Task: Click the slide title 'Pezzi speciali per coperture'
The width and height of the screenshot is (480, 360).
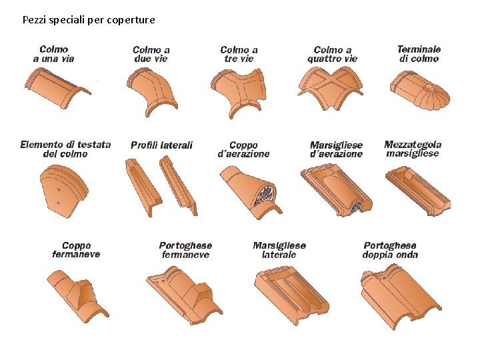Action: [x=89, y=20]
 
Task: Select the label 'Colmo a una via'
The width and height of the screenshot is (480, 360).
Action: [x=54, y=54]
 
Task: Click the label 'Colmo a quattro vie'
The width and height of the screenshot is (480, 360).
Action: [x=332, y=54]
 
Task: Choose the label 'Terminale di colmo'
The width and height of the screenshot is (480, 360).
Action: [x=419, y=54]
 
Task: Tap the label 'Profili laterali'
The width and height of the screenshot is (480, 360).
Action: [x=161, y=145]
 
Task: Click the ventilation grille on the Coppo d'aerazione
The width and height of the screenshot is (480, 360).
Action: [x=265, y=197]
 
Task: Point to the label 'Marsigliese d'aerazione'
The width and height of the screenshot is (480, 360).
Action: [x=337, y=149]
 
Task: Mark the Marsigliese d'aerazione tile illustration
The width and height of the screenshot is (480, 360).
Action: [x=337, y=190]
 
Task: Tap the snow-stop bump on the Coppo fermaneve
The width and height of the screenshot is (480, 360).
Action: [x=86, y=294]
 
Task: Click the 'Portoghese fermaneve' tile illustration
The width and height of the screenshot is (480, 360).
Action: [x=183, y=293]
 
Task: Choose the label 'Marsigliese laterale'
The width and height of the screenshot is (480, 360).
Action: [x=279, y=250]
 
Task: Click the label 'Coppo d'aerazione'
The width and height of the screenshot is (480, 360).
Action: [x=244, y=149]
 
